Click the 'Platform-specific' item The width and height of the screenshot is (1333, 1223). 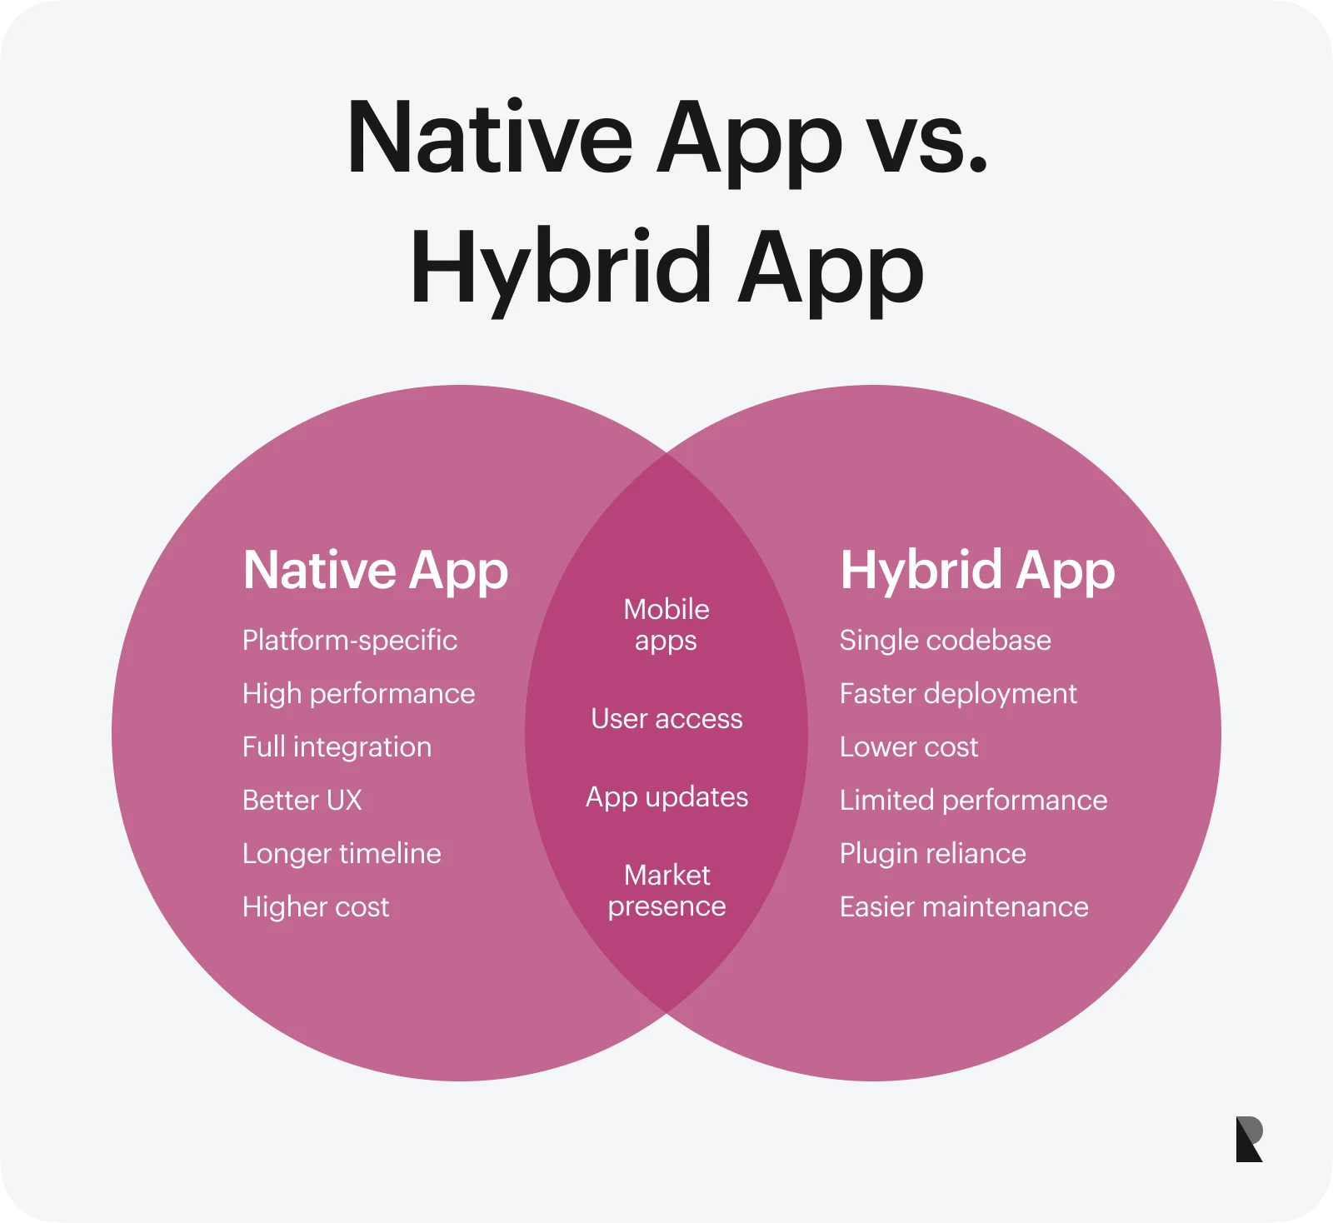349,640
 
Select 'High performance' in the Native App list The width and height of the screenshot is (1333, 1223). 358,693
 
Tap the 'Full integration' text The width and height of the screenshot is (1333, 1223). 337,746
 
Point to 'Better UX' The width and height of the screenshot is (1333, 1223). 302,800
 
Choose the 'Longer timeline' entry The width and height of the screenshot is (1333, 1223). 342,853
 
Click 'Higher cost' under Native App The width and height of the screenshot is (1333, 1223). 315,906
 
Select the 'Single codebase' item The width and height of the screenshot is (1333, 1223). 945,640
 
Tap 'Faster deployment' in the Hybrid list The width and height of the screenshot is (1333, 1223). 958,693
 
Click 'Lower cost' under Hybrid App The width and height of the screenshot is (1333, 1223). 908,746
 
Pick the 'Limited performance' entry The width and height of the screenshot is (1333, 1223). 973,800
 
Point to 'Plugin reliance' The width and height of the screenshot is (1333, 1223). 932,853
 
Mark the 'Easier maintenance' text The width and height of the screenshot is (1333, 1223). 964,906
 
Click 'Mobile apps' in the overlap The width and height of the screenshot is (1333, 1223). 666,625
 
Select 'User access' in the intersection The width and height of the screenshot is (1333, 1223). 666,718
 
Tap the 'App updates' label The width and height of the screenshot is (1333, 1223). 666,796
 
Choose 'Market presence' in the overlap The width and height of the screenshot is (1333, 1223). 666,890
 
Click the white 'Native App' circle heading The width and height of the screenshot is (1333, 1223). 375,572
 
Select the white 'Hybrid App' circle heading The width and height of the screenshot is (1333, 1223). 977,572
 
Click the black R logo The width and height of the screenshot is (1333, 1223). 1249,1139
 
